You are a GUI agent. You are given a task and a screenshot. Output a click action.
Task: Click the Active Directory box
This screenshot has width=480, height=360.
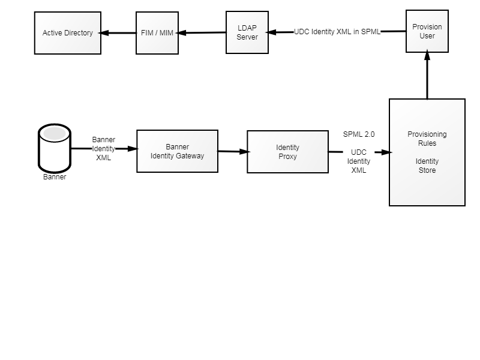point(68,33)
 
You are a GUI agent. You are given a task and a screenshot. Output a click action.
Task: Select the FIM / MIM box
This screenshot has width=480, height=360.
point(157,33)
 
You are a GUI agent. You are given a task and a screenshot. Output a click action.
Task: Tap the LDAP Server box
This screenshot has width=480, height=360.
point(247,32)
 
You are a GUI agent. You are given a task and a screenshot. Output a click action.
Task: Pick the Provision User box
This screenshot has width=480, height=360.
point(427,31)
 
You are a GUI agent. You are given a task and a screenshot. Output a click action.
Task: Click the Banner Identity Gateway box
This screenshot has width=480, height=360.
point(177,151)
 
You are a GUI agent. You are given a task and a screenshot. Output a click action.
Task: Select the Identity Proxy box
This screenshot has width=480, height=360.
point(288,152)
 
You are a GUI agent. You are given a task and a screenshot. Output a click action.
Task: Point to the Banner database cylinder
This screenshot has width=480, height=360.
point(55,148)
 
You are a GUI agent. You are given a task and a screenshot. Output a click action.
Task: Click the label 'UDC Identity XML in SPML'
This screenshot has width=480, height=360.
point(337,32)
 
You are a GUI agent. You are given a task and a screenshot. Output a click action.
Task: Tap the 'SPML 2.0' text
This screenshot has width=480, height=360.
point(359,134)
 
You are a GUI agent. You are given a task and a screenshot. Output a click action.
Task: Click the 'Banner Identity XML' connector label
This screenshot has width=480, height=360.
point(103,148)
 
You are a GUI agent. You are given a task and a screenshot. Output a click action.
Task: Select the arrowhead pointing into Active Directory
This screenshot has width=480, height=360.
point(104,33)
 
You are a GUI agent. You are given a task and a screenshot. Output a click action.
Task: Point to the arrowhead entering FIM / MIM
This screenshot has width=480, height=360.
point(181,33)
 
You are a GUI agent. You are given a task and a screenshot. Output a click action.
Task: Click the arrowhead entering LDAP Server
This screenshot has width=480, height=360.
point(271,32)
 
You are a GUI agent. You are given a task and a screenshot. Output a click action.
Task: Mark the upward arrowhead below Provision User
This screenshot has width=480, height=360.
point(427,55)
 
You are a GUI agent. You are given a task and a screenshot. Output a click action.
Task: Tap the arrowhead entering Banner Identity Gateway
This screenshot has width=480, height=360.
point(133,149)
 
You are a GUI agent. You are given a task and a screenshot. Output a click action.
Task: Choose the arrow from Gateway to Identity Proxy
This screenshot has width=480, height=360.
point(233,151)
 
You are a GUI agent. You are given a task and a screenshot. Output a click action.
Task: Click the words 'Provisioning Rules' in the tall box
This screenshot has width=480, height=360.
point(427,139)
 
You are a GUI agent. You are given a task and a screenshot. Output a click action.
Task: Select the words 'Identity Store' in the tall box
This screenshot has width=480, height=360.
point(427,166)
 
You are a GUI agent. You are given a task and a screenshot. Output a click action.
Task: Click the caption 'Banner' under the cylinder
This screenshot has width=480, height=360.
point(55,177)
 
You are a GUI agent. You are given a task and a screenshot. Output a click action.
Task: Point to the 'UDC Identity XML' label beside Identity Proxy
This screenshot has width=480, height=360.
point(359,161)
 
